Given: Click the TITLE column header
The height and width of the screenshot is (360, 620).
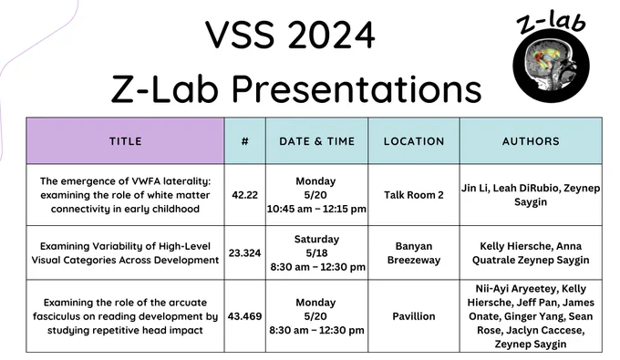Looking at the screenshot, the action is click(125, 141).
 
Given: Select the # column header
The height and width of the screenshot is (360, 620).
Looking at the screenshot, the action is click(245, 141).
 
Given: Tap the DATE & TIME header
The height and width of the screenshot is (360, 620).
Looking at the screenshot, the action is click(316, 141).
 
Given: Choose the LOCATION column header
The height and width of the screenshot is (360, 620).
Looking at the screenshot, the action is click(414, 141).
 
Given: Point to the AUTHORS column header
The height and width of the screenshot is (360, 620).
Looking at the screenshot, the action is click(531, 141).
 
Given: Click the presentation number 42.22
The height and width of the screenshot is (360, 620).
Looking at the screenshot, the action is click(244, 195).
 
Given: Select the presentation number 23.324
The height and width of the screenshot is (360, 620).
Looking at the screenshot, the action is click(244, 252).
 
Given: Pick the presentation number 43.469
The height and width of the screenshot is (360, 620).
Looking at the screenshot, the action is click(244, 316).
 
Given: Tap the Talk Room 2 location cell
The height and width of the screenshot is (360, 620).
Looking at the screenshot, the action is click(414, 195).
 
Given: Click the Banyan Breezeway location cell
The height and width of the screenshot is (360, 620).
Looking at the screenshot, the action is click(414, 252).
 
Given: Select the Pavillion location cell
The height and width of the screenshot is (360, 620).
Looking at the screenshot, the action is click(414, 316).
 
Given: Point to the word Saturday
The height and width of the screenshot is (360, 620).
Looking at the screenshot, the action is click(316, 239).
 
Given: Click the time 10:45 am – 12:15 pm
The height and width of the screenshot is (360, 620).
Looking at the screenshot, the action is click(316, 209).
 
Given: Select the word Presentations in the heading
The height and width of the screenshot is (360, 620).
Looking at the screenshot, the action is click(356, 88).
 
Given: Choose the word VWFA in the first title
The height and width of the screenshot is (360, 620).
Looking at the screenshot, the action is click(145, 181).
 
